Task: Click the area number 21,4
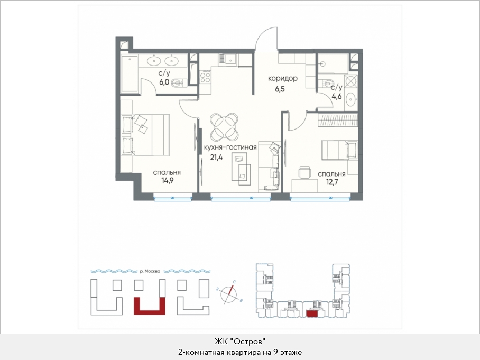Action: click(x=216, y=158)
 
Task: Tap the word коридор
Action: click(x=282, y=79)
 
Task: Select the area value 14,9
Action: click(x=168, y=181)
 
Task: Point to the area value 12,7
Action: click(x=332, y=182)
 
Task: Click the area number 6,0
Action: click(x=164, y=82)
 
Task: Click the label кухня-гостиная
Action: click(x=230, y=147)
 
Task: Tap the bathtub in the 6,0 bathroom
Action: click(x=130, y=73)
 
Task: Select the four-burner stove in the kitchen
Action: click(x=205, y=77)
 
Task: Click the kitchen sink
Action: click(x=227, y=59)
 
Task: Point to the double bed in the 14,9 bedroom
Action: click(x=145, y=135)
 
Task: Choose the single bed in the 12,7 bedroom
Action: click(x=339, y=150)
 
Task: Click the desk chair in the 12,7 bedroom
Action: click(x=304, y=172)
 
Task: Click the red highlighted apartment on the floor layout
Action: click(x=312, y=313)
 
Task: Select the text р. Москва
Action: click(x=150, y=271)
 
